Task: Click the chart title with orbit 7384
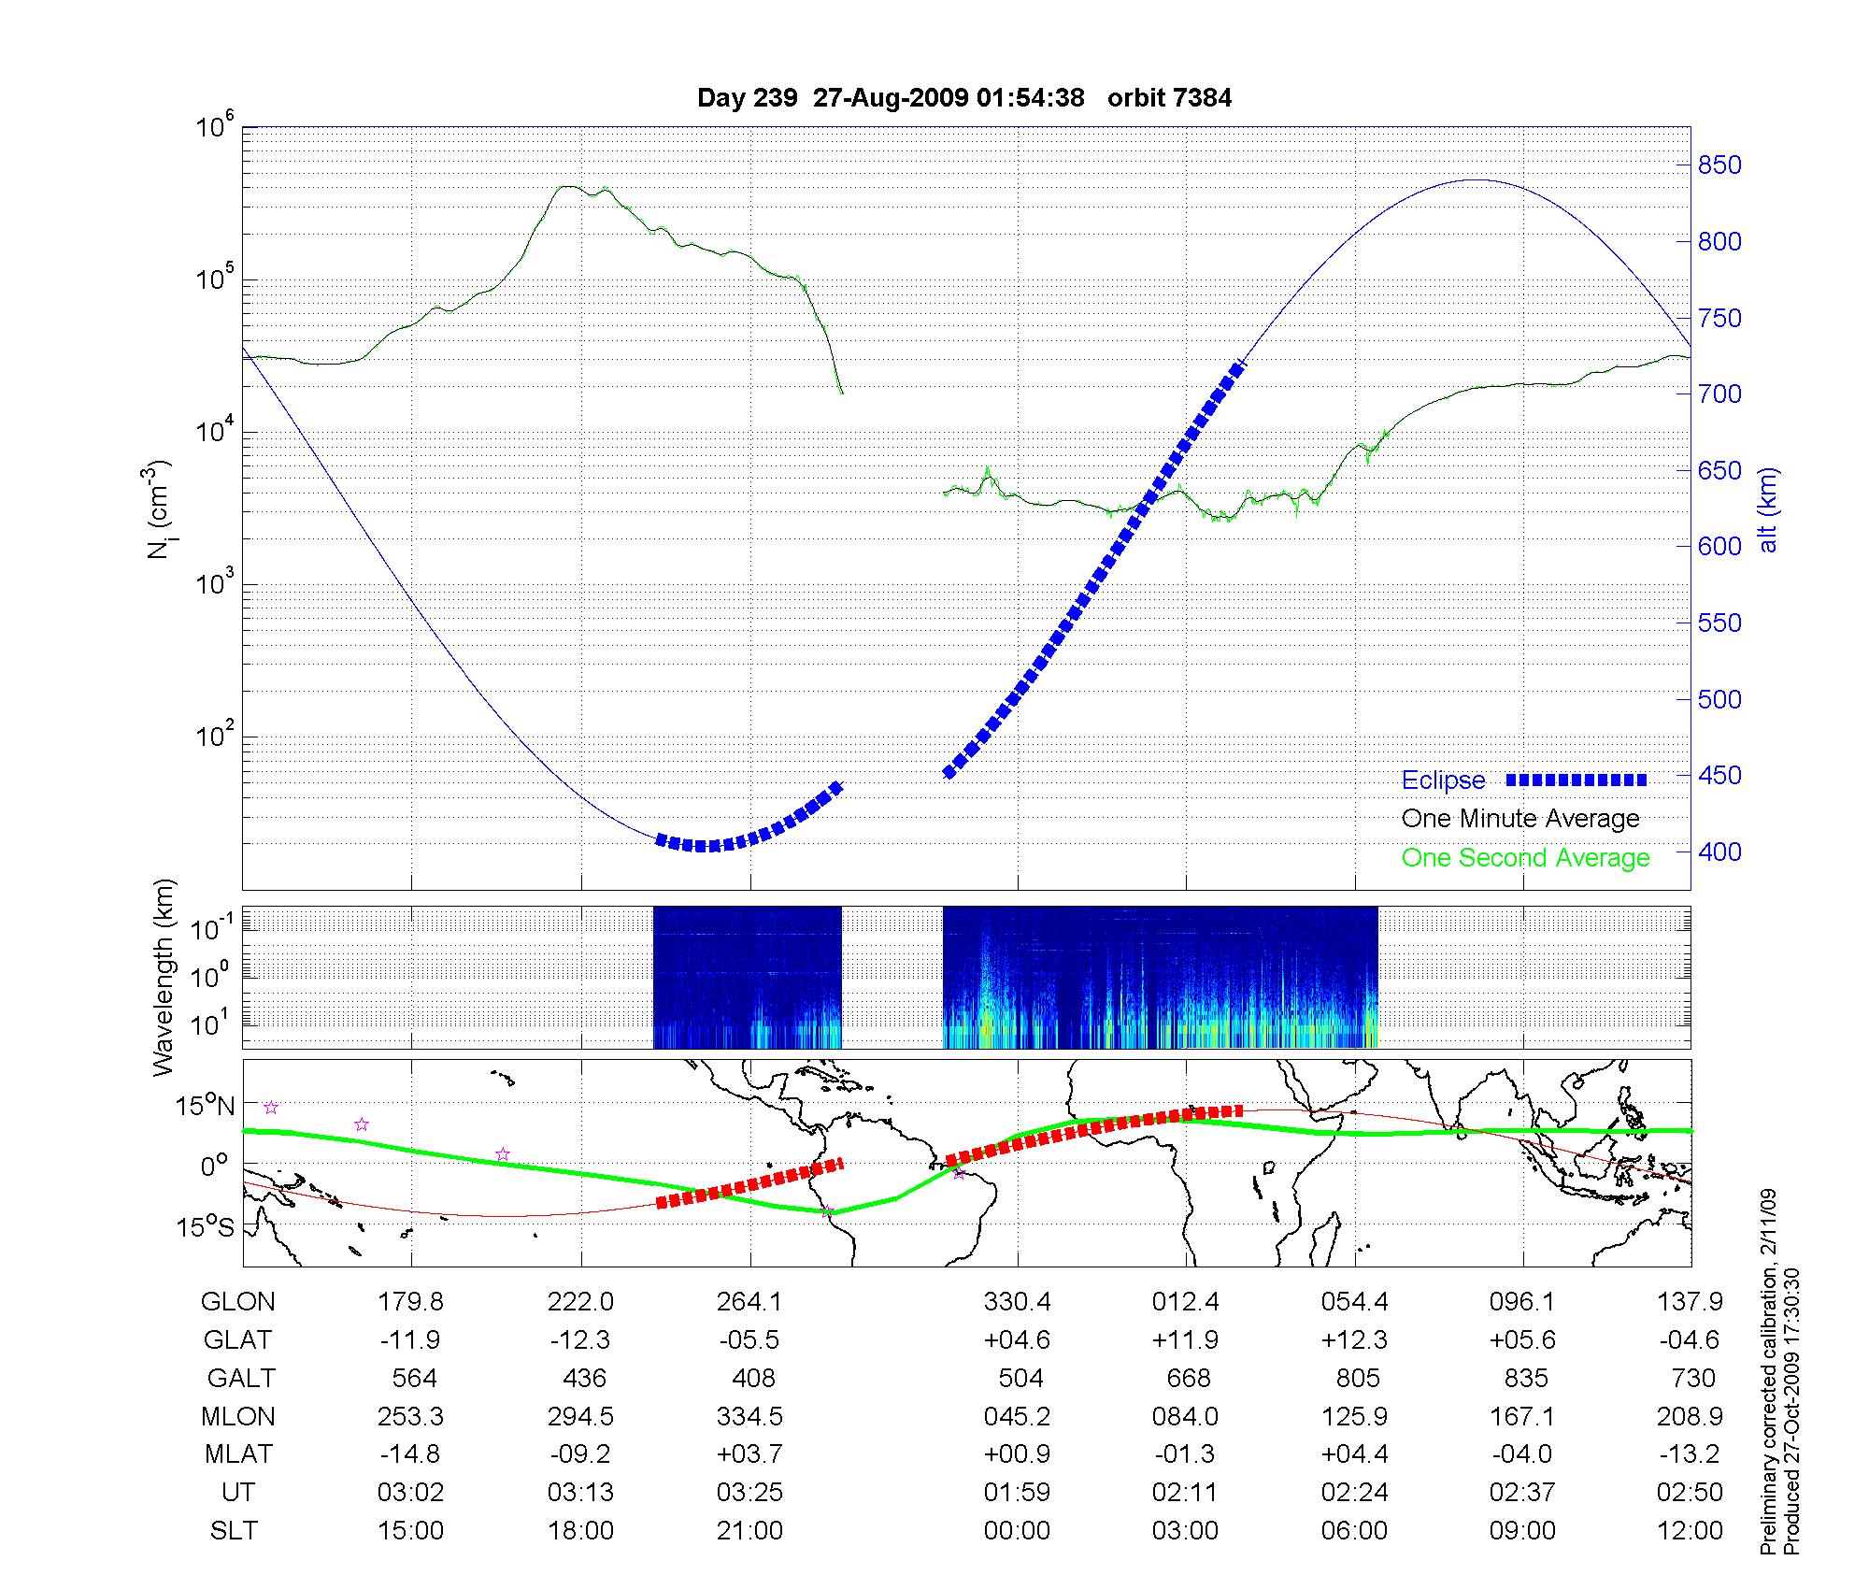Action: point(964,98)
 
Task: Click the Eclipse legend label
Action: point(1443,780)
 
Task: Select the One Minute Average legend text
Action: point(1520,819)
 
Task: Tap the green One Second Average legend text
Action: point(1525,858)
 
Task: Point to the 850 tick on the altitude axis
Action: point(1719,165)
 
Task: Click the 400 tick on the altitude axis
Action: point(1719,852)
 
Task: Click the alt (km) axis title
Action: point(1768,509)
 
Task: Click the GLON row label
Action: point(238,1302)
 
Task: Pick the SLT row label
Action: point(234,1531)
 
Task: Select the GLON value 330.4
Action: point(1017,1302)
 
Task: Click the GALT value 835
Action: point(1525,1379)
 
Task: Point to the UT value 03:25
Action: point(749,1493)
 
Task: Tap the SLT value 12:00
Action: point(1690,1531)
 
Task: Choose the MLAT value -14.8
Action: point(410,1454)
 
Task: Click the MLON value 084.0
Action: point(1185,1417)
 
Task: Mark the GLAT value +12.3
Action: point(1354,1340)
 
